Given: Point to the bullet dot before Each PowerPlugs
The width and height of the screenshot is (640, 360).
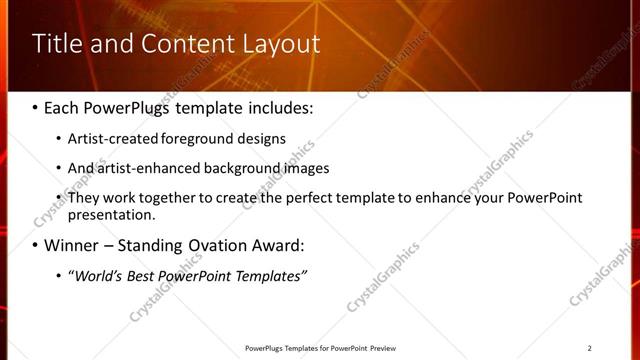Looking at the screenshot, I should (35, 107).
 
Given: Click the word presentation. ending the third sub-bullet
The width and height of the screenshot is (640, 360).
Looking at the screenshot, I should (112, 214).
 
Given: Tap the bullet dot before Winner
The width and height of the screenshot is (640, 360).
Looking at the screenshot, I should (35, 245).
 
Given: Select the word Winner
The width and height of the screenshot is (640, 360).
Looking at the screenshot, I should (72, 245).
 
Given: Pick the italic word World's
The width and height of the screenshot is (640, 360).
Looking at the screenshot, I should (98, 275).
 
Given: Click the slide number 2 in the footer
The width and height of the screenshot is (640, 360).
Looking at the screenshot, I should (590, 347).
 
